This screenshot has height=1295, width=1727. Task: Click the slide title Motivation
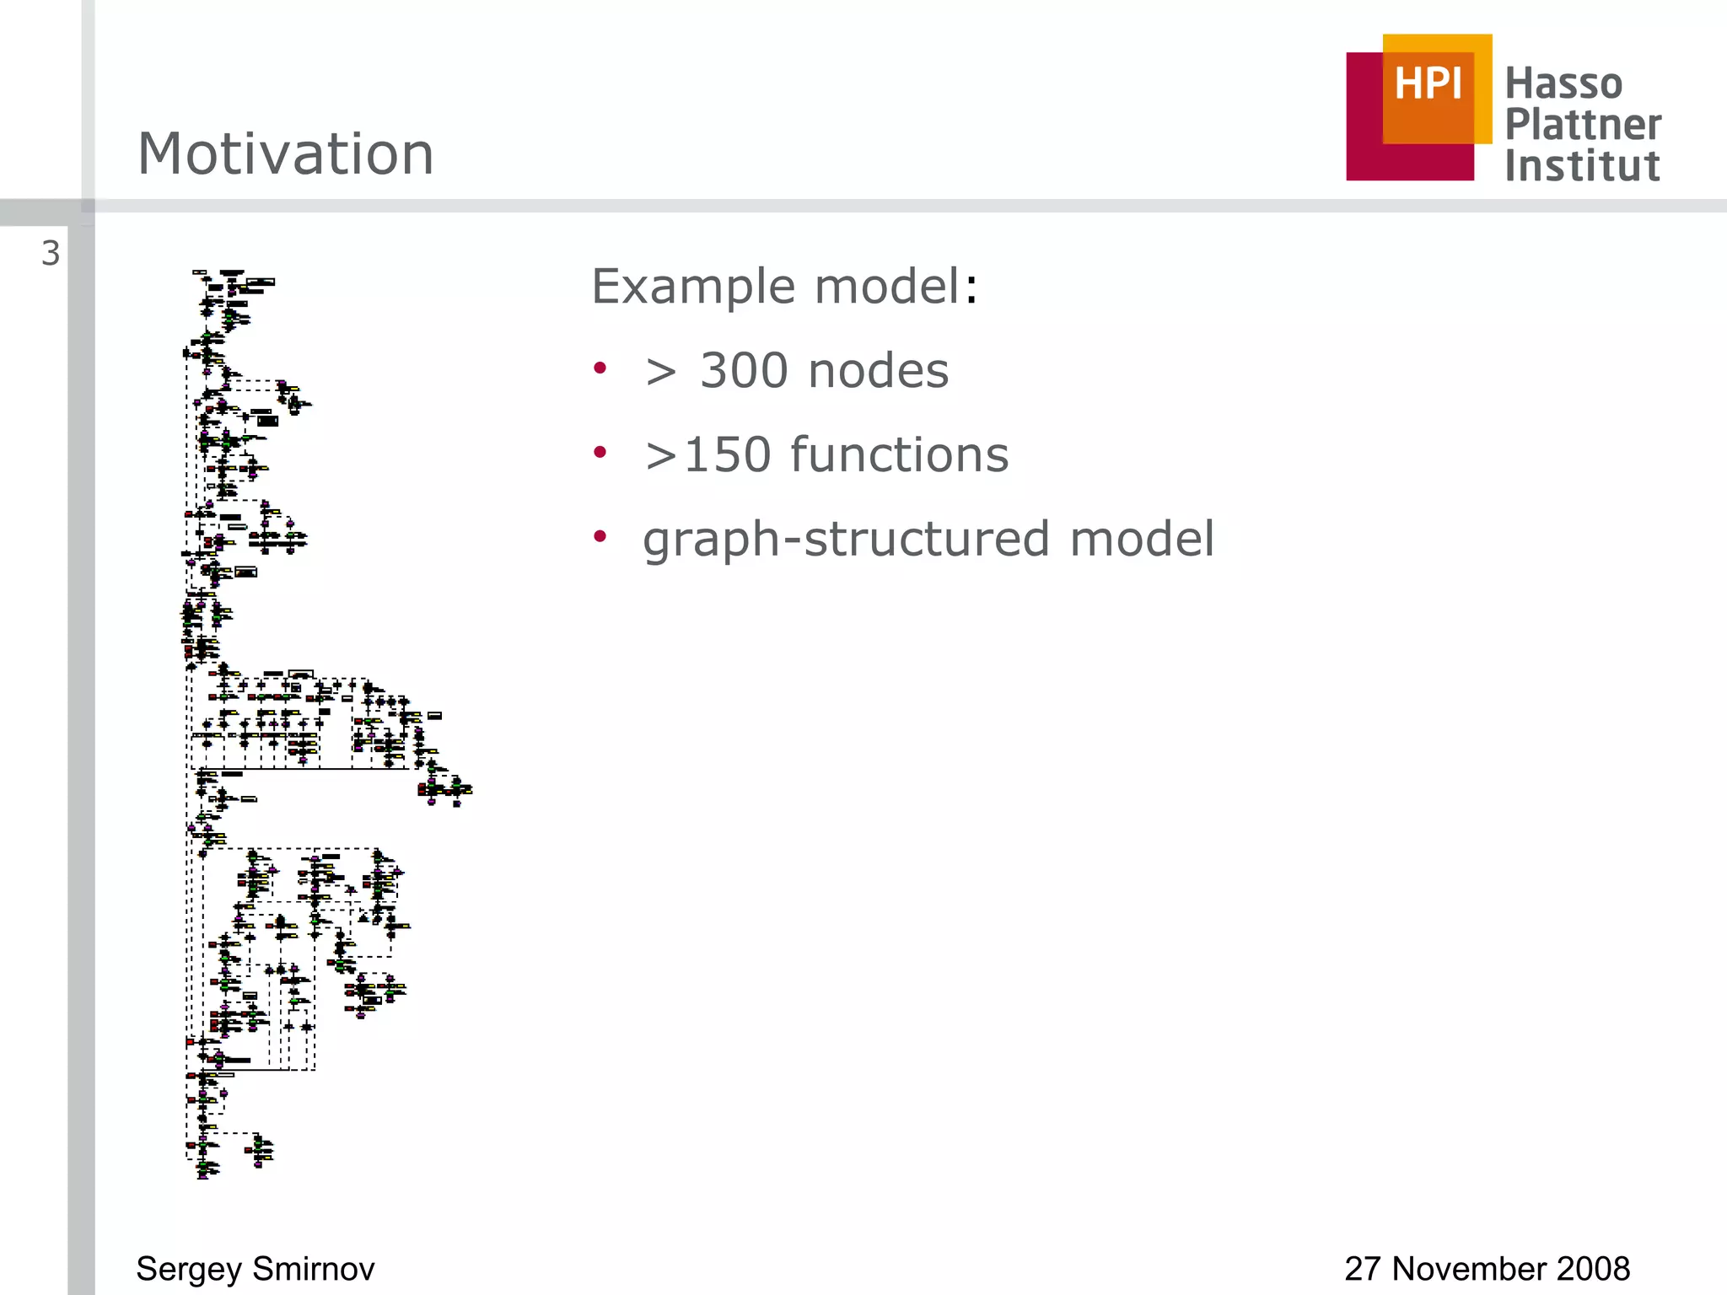click(285, 154)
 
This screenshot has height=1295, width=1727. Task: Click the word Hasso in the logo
click(1563, 83)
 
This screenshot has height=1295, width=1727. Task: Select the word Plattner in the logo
click(1583, 124)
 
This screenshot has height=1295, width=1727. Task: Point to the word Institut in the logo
click(1582, 165)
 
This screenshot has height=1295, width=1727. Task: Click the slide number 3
click(51, 254)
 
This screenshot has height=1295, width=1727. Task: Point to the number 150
click(727, 455)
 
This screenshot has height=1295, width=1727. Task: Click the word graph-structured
click(846, 540)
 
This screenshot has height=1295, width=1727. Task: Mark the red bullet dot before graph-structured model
click(600, 536)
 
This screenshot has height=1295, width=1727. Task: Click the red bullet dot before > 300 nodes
click(600, 368)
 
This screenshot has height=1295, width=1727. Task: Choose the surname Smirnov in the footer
click(314, 1269)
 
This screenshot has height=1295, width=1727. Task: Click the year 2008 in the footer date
click(1593, 1269)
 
